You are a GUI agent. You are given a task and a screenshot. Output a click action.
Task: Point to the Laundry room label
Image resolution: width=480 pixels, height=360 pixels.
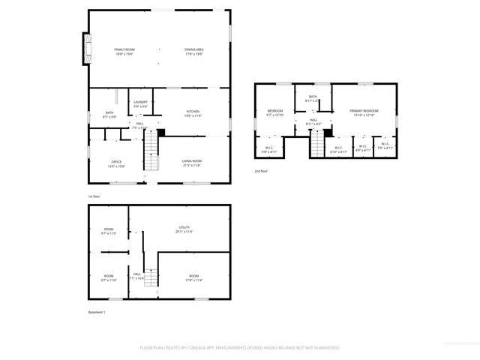coord(140,103)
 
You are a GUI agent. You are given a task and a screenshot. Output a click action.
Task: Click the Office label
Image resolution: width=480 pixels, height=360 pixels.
coord(116,163)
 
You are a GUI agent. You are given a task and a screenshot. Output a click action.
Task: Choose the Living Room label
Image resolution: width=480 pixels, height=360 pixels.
coord(193,163)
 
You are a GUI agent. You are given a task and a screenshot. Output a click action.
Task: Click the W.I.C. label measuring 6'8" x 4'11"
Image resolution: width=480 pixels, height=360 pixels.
coord(269,148)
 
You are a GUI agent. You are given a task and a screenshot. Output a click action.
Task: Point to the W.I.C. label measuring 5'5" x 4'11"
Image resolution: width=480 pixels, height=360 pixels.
coord(385,145)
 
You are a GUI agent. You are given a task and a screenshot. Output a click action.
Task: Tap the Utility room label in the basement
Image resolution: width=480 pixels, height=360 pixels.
coord(184,229)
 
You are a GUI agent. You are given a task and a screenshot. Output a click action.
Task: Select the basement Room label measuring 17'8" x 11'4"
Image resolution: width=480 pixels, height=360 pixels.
coord(194,278)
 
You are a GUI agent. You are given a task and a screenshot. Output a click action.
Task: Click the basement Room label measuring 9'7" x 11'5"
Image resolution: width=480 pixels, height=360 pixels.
coord(109,231)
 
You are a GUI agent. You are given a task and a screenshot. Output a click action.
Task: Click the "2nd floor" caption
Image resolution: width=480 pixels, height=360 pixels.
coord(260,171)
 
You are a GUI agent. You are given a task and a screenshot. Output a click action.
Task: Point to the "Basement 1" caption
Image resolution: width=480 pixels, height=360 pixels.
coord(97,313)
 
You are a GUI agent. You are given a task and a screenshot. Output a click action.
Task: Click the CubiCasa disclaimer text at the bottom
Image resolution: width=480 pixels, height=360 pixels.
coord(240,348)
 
